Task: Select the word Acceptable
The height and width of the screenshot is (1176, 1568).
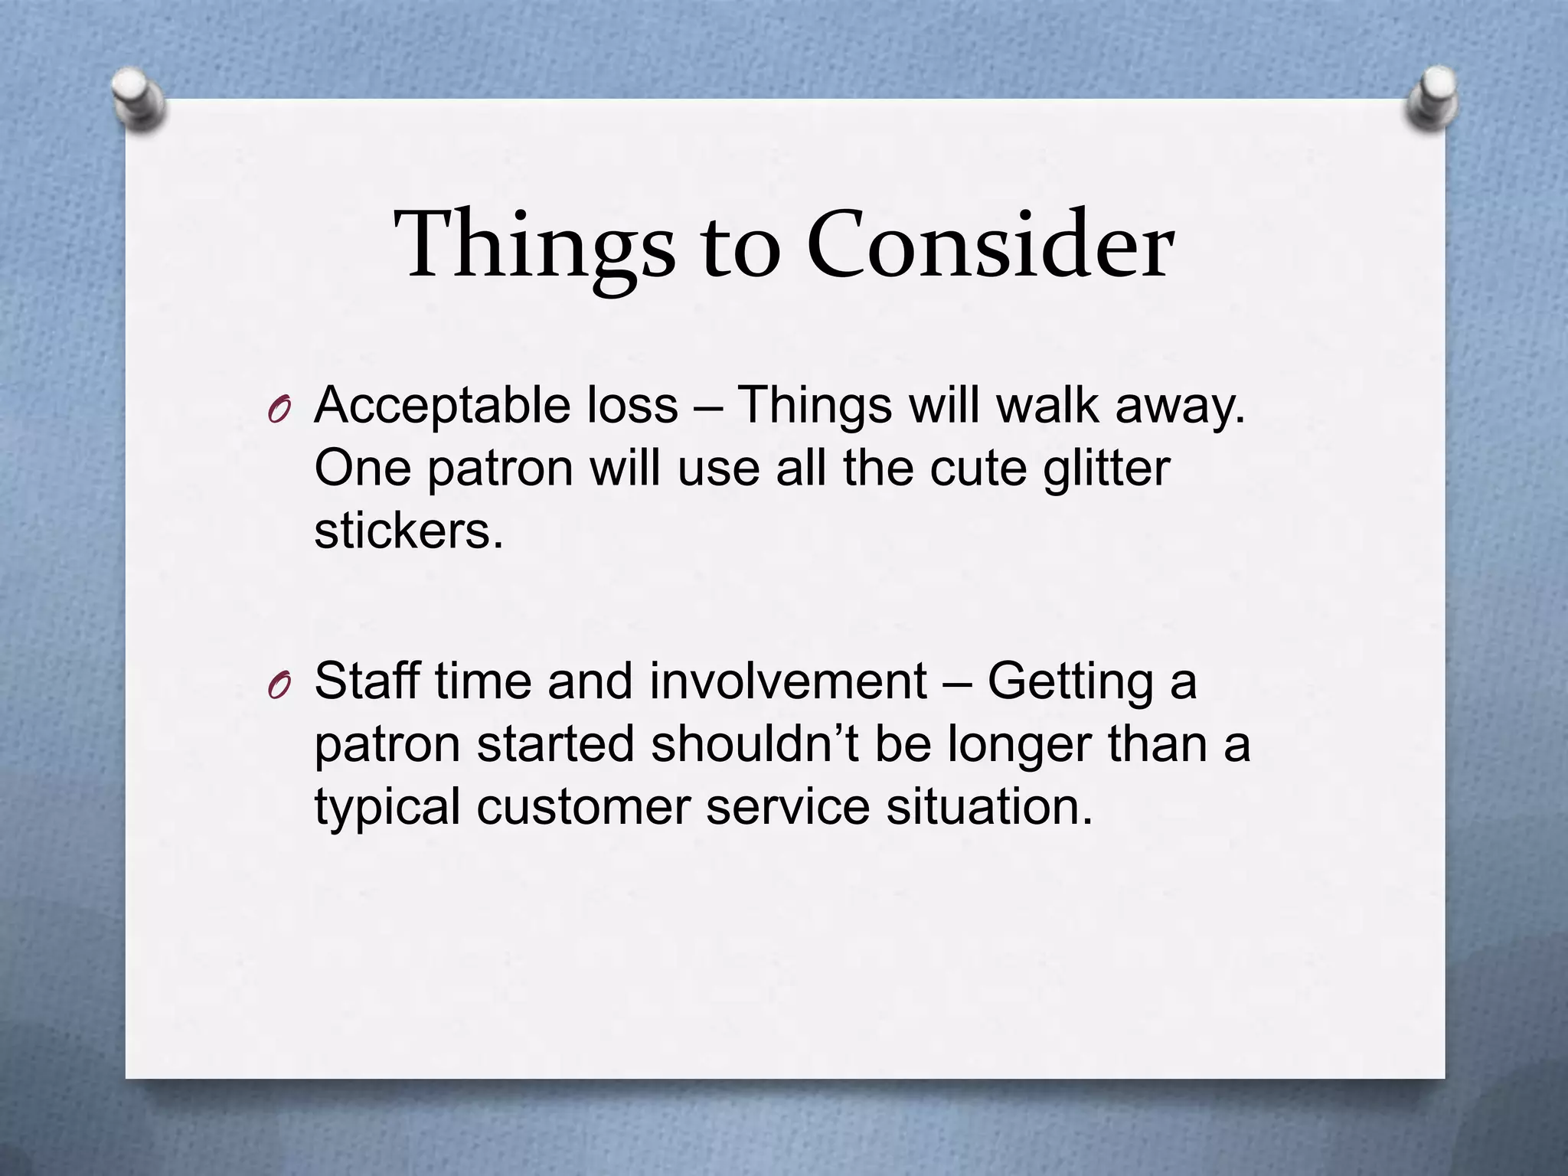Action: (442, 407)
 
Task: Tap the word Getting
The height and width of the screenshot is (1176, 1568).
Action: (1070, 682)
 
